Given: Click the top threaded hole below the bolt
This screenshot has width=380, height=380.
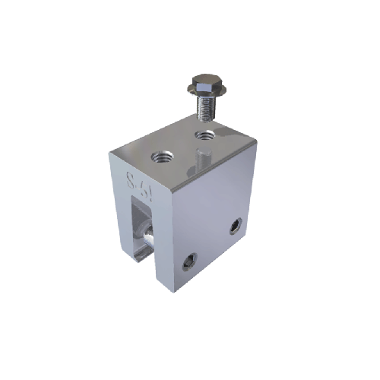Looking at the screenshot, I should [204, 137].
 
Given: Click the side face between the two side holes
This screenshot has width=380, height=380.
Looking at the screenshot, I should [213, 242].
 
